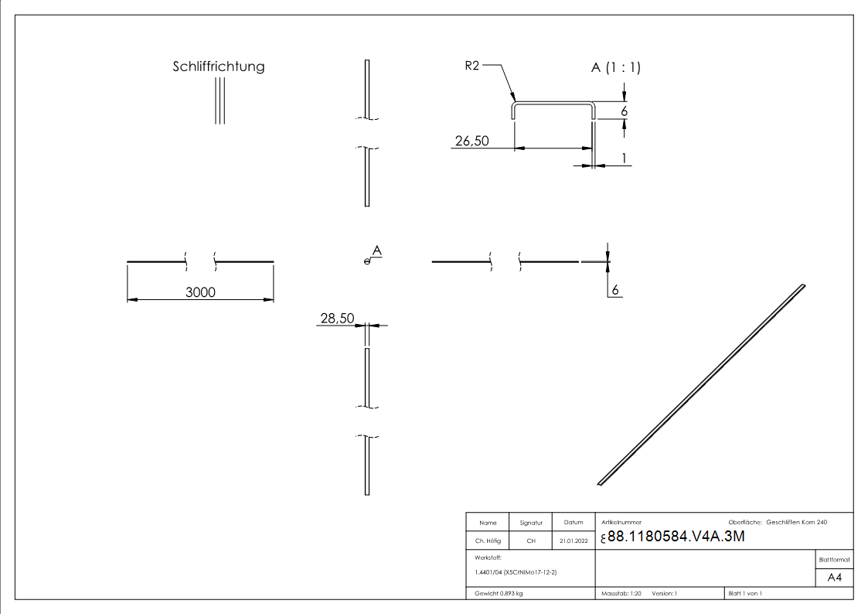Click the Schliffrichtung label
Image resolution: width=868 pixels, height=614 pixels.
tap(218, 67)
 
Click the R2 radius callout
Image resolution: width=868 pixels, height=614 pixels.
tap(472, 67)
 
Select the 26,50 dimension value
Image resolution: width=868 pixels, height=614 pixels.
tap(471, 142)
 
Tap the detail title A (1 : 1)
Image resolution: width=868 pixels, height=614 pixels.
tap(615, 68)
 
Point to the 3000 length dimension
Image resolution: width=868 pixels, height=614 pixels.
tap(200, 292)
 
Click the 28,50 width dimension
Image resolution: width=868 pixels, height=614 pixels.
tap(336, 318)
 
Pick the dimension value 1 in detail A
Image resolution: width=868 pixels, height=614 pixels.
tap(622, 159)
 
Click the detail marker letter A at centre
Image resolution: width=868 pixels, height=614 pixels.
tap(377, 251)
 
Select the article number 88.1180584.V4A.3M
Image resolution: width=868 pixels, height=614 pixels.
tap(676, 537)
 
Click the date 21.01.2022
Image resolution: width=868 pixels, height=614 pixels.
tap(573, 541)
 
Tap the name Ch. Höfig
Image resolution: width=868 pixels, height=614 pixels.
tap(488, 541)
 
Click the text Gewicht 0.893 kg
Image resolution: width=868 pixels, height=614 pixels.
tap(499, 593)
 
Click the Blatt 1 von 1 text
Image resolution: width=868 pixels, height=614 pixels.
tap(745, 593)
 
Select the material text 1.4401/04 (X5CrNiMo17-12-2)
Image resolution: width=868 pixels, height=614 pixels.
tap(516, 572)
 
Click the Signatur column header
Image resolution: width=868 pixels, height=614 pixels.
tap(531, 523)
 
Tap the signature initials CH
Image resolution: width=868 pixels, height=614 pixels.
tap(531, 541)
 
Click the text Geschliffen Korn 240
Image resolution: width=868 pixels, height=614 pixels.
tap(797, 523)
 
